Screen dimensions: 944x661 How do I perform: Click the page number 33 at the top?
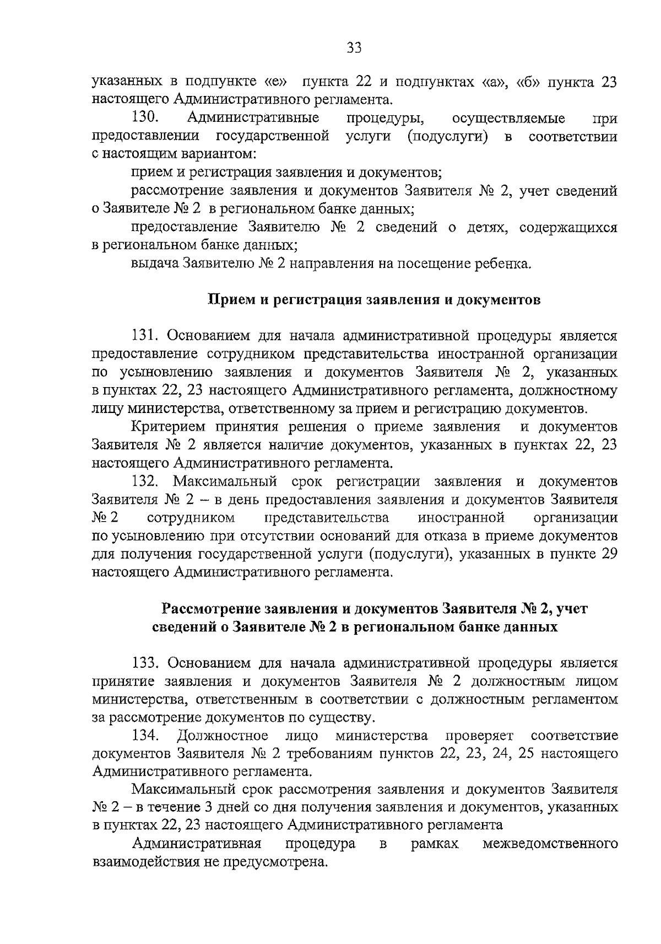[x=354, y=48]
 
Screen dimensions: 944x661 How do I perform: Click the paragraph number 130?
[x=145, y=117]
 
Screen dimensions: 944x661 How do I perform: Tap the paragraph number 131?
[x=145, y=336]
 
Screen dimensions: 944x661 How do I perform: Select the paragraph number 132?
[x=145, y=481]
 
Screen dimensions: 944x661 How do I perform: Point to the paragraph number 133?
[x=145, y=663]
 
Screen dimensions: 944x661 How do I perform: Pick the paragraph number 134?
[x=145, y=736]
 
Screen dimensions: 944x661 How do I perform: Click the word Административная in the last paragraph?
[x=196, y=844]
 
